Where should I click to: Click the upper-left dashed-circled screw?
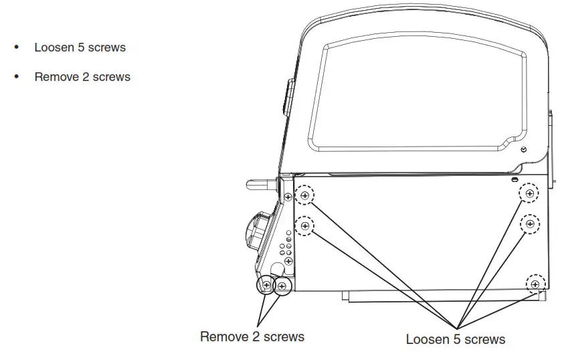click(x=305, y=196)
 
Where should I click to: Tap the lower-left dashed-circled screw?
click(x=305, y=226)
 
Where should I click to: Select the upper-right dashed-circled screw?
click(x=530, y=193)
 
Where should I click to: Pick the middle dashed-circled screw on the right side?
click(x=530, y=223)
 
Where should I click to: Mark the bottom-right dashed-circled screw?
click(x=535, y=284)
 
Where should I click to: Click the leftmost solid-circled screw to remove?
click(x=266, y=286)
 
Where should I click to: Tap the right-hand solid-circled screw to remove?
click(x=282, y=286)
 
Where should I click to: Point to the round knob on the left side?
click(x=257, y=231)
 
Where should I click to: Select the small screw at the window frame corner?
click(x=523, y=149)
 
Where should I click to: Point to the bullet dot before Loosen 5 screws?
click(x=17, y=48)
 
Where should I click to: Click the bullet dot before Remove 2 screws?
click(x=17, y=77)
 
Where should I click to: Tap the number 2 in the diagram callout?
click(x=256, y=337)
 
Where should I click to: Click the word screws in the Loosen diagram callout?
click(x=484, y=339)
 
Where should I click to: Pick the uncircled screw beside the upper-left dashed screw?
click(x=288, y=197)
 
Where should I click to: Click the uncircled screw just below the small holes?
click(x=288, y=261)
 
